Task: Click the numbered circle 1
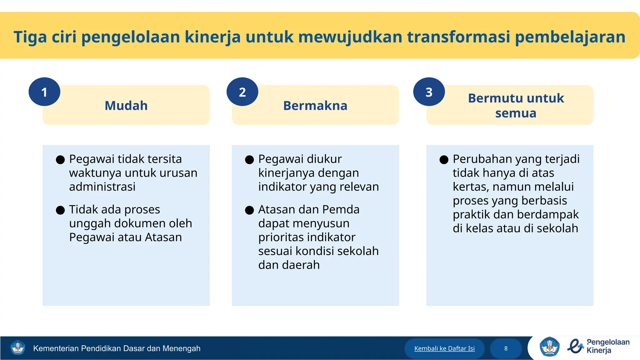(44, 92)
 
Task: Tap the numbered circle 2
(242, 92)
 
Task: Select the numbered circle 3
(429, 92)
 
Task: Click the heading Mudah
(126, 106)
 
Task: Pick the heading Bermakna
(315, 106)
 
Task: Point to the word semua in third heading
(516, 113)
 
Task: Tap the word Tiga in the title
(30, 37)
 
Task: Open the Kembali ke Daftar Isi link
(444, 348)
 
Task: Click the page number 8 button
(506, 348)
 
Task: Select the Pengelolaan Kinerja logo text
(607, 346)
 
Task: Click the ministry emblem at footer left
(17, 348)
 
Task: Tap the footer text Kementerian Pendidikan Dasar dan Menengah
(117, 348)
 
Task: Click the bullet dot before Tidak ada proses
(60, 210)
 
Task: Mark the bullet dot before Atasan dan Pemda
(249, 210)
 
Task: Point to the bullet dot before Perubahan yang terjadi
(444, 160)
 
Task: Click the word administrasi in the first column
(102, 187)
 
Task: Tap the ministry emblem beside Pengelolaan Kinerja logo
(549, 347)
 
